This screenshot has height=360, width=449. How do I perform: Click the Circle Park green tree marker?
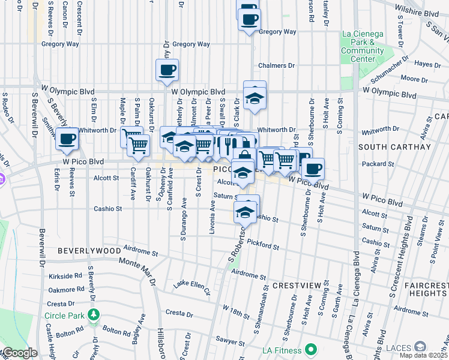click(x=94, y=314)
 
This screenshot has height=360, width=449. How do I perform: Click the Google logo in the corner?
click(x=19, y=353)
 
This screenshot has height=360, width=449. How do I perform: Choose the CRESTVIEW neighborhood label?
click(x=293, y=286)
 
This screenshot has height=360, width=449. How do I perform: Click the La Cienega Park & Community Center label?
click(x=362, y=47)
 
